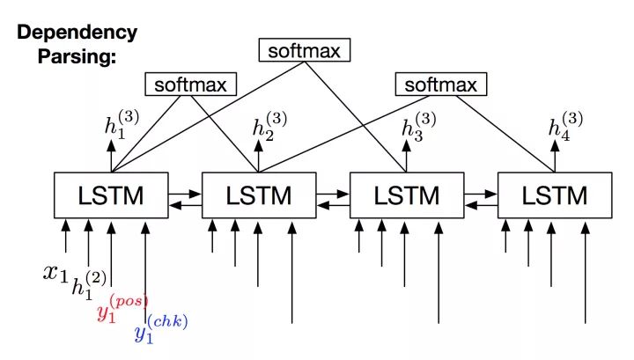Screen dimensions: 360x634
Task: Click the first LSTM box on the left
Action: pos(111,195)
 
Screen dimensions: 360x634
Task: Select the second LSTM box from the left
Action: pos(259,195)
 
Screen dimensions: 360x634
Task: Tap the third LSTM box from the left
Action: pos(407,195)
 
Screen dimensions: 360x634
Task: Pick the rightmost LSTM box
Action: pos(555,195)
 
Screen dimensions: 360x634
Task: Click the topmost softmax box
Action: pos(303,51)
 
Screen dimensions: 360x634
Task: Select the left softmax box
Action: pos(190,85)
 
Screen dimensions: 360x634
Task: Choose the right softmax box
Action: pos(440,85)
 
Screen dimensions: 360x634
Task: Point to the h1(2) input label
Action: pos(88,284)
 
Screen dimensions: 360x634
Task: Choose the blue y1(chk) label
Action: pos(159,332)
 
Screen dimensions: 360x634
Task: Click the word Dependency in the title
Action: pos(77,33)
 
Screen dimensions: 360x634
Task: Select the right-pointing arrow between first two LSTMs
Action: pos(185,188)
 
